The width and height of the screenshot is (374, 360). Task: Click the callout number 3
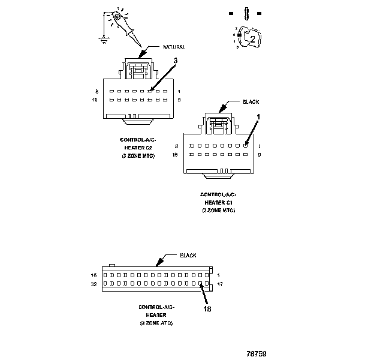tap(175, 61)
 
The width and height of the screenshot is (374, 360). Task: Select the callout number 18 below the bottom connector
tap(207, 310)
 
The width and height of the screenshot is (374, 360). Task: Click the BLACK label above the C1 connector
tap(251, 102)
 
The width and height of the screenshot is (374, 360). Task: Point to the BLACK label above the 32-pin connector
tap(188, 256)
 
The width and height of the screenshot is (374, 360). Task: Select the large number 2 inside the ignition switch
tap(252, 39)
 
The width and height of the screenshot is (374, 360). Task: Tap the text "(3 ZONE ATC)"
tap(156, 323)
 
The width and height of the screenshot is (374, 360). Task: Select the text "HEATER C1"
tap(218, 203)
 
